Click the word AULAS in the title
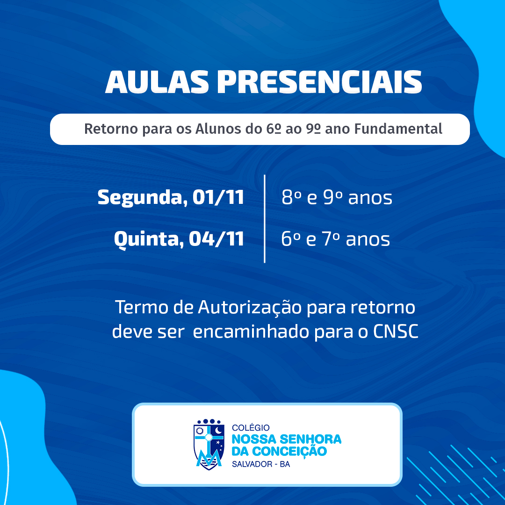157,82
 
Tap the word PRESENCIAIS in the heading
319,82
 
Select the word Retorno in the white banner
111,129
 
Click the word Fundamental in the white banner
398,129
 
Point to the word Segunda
140,198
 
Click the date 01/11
218,197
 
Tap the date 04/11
216,238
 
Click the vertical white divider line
264,219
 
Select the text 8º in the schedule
291,197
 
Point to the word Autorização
250,308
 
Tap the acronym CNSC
396,331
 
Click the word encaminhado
251,331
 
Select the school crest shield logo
209,445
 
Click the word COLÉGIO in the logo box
251,427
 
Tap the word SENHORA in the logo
310,439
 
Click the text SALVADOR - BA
261,464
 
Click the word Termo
141,307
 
